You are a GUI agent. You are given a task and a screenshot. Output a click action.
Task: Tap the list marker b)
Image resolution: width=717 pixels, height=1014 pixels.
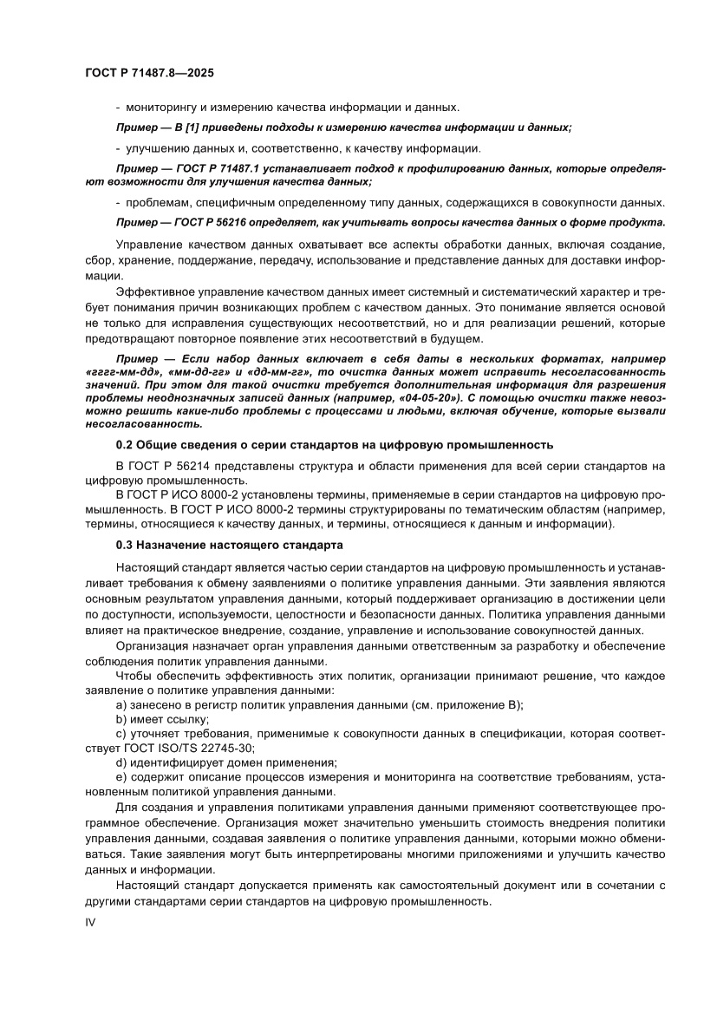(121, 719)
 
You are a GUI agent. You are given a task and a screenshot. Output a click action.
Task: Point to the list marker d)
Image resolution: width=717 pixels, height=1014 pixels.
(121, 762)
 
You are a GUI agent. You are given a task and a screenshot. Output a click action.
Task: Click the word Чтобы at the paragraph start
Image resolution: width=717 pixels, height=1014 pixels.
(134, 675)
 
